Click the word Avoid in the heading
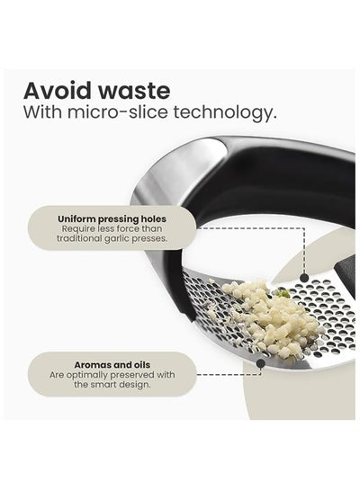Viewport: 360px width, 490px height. [58, 91]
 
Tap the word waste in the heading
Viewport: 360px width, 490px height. [135, 91]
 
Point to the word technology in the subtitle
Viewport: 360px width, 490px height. [225, 113]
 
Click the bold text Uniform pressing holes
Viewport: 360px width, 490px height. [112, 218]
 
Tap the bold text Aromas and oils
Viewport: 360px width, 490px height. [112, 365]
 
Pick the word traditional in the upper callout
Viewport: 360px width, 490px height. [80, 238]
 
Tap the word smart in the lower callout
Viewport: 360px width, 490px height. [102, 385]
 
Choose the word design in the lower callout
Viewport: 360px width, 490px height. [134, 385]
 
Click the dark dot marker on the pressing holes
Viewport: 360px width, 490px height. [304, 278]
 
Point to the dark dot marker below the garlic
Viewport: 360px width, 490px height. [260, 363]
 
